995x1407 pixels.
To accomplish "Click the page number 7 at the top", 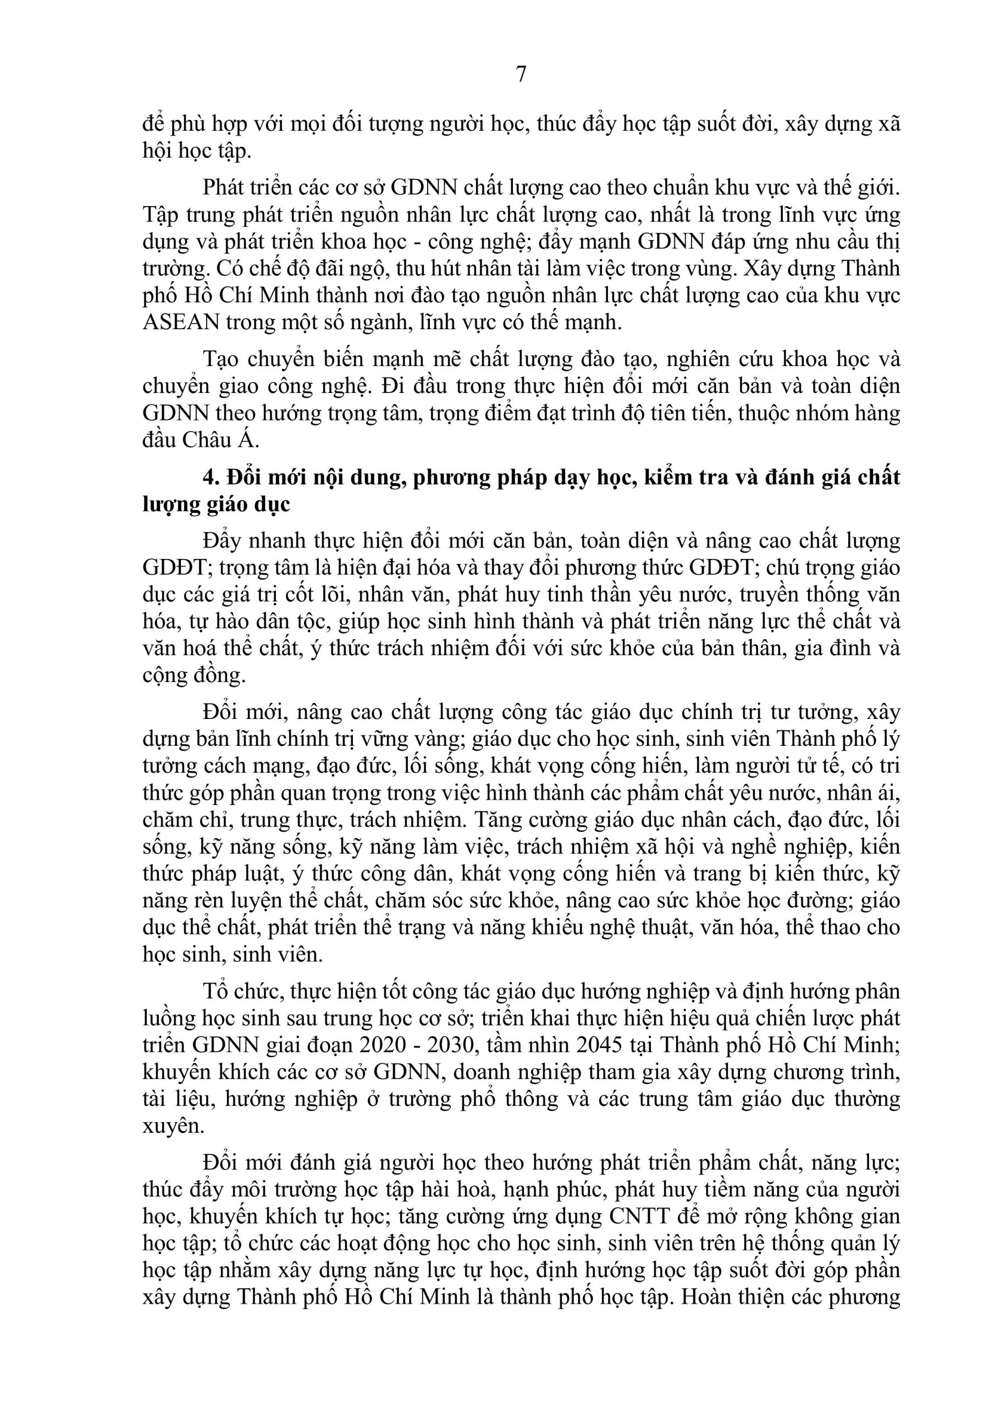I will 521,74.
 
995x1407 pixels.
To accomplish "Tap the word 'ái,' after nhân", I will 887,793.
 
